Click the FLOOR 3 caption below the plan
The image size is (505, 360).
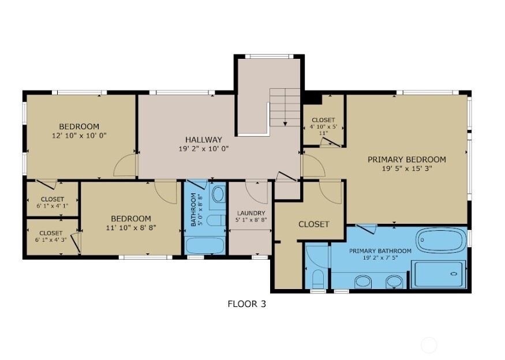[246, 303]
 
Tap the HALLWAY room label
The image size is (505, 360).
[203, 140]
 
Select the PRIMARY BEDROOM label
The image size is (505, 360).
[407, 160]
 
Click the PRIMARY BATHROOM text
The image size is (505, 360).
[380, 251]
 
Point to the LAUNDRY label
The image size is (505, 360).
[251, 213]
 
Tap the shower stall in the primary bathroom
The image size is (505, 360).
[439, 274]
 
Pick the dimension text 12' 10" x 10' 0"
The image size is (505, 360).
[79, 136]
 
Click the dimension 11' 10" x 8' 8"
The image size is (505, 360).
[131, 227]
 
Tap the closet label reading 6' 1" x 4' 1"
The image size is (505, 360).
[52, 205]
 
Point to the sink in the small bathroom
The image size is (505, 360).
[218, 195]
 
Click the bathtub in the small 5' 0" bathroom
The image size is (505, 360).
[205, 244]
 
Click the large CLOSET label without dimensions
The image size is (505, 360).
[313, 224]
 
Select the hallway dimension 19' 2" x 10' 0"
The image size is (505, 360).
[203, 148]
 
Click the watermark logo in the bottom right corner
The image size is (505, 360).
[429, 345]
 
